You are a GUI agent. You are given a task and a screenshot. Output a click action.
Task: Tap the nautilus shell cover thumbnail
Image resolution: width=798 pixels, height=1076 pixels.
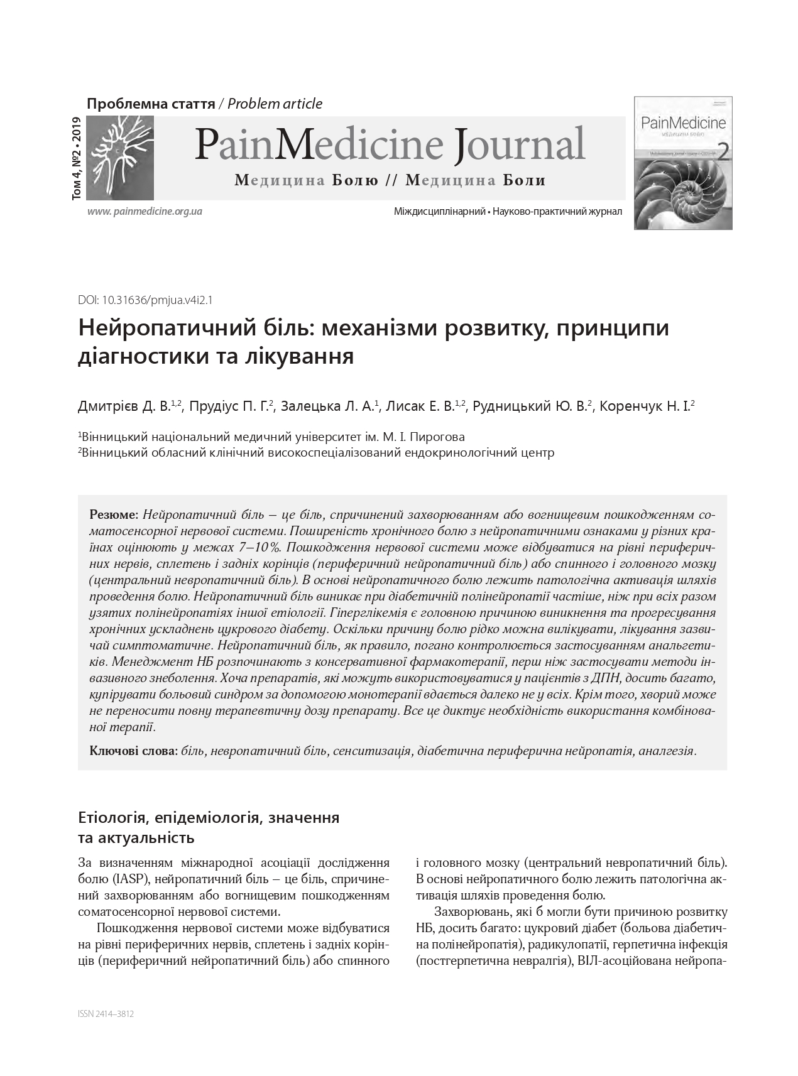pos(683,163)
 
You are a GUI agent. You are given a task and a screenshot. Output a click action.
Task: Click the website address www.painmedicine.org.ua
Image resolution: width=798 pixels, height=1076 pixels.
pos(145,211)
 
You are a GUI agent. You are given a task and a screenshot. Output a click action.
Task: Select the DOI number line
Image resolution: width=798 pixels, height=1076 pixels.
pos(145,300)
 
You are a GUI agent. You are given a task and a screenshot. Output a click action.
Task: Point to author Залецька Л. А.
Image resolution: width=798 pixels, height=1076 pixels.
pos(327,406)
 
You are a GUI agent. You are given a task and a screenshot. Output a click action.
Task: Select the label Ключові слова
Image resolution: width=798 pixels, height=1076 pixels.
pos(134,751)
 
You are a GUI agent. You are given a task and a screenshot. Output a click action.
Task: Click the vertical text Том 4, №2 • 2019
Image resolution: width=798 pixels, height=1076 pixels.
pos(77,158)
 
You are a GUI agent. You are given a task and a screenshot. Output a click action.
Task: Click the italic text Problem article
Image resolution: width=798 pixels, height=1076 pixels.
pos(275,104)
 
